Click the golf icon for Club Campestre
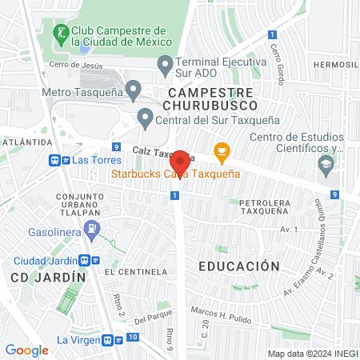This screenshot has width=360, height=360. [61, 34]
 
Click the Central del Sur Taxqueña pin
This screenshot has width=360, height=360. [145, 118]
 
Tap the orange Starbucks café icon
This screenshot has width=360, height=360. [222, 150]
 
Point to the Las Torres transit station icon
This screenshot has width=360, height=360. [59, 160]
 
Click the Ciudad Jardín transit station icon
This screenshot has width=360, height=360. [94, 261]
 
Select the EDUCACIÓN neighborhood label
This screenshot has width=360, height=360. [238, 266]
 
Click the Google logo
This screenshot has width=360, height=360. [26, 350]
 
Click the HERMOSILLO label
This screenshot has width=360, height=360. [336, 64]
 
